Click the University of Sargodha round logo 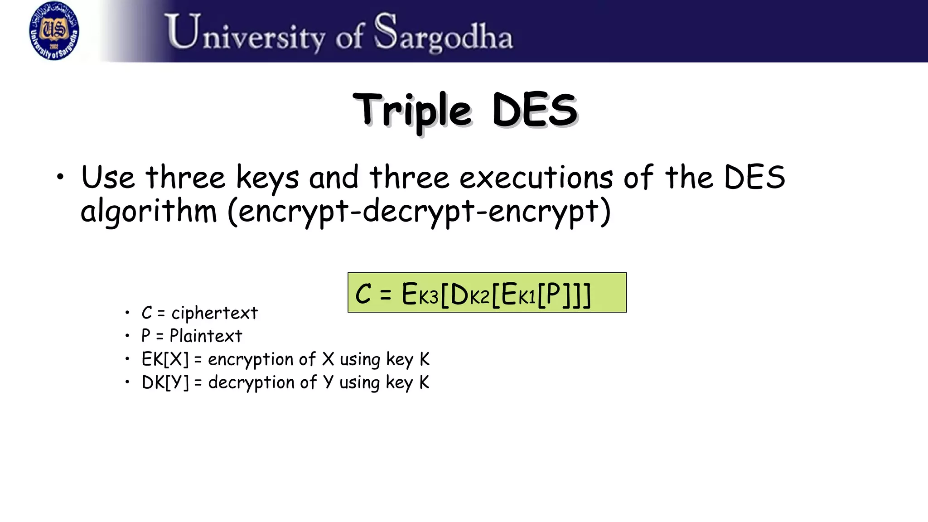pyautogui.click(x=54, y=31)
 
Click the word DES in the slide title pyautogui.click(x=535, y=110)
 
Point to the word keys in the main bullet pyautogui.click(x=267, y=178)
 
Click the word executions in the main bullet pyautogui.click(x=536, y=178)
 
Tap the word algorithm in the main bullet pyautogui.click(x=149, y=212)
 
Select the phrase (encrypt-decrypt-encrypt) pyautogui.click(x=419, y=212)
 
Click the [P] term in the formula pyautogui.click(x=553, y=295)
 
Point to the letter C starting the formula pyautogui.click(x=363, y=294)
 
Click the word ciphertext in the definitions pyautogui.click(x=214, y=313)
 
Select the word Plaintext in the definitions pyautogui.click(x=206, y=336)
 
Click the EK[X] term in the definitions pyautogui.click(x=165, y=360)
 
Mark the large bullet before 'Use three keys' pyautogui.click(x=61, y=177)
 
